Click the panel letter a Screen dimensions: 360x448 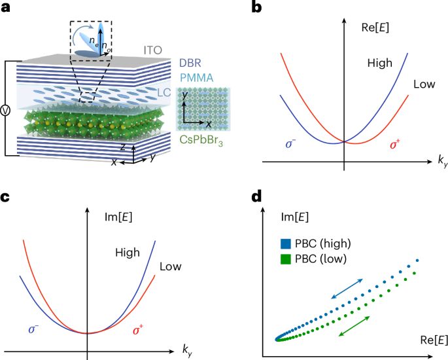coord(6,8)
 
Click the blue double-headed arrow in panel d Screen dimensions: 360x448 coord(342,289)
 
